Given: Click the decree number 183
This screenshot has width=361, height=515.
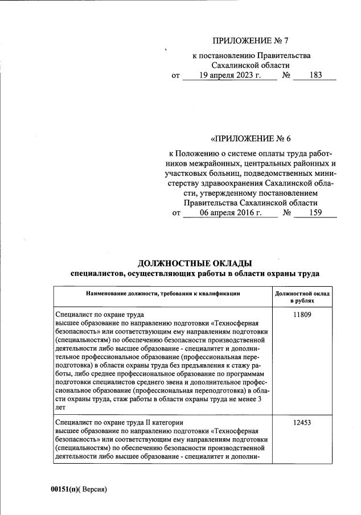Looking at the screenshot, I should (x=314, y=75).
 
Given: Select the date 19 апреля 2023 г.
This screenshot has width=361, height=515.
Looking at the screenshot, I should (x=229, y=75).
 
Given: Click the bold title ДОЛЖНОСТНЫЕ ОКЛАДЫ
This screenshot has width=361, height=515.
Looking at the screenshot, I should (x=194, y=263).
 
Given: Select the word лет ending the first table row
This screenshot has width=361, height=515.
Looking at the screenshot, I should (x=60, y=407).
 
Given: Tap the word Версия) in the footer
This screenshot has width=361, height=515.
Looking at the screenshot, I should (x=95, y=489).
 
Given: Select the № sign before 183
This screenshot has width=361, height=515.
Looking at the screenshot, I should (x=287, y=75).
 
